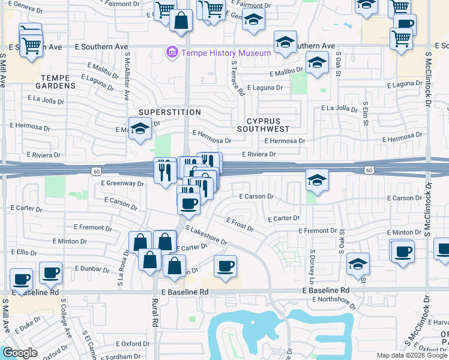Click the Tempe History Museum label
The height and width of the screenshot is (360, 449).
pos(227,53)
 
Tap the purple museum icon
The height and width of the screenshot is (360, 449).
pos(173,53)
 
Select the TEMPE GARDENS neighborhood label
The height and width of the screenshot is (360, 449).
pos(59,82)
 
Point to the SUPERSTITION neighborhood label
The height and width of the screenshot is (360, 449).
pos(170,112)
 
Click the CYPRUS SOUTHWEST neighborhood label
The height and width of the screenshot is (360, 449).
pos(264,125)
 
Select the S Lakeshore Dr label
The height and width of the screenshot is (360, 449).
pos(206,236)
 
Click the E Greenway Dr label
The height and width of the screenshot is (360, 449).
pos(122,183)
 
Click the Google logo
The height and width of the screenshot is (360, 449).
pos(20,353)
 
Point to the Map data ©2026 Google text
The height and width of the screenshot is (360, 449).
pos(412,355)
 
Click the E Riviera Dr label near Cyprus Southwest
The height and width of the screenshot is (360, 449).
pos(259,154)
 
